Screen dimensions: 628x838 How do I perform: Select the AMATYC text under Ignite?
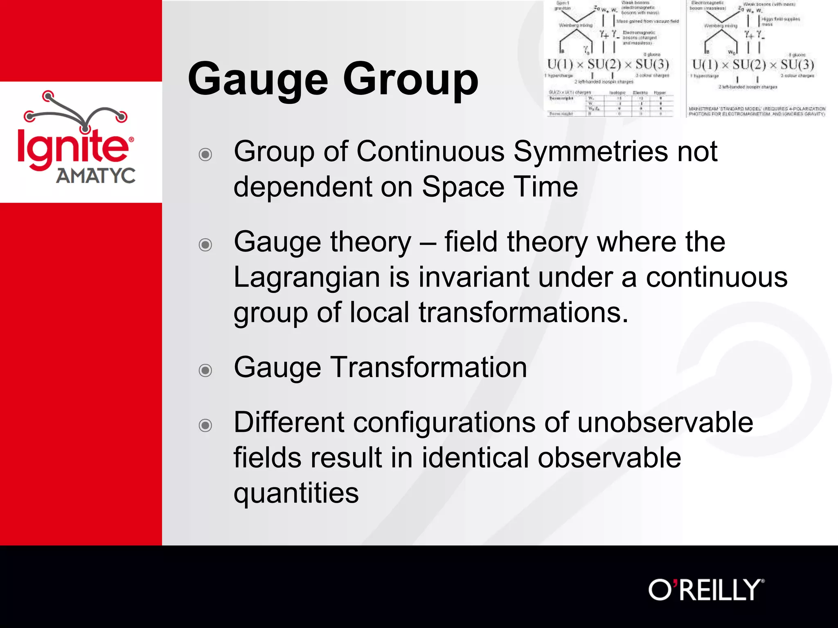point(95,176)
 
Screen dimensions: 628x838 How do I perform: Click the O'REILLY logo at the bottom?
point(706,590)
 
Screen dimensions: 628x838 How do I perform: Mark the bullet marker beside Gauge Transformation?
point(205,370)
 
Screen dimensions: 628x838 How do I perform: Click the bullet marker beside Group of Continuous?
point(205,155)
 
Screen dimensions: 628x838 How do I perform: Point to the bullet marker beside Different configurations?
point(205,425)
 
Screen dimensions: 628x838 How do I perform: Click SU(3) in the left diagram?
point(652,64)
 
